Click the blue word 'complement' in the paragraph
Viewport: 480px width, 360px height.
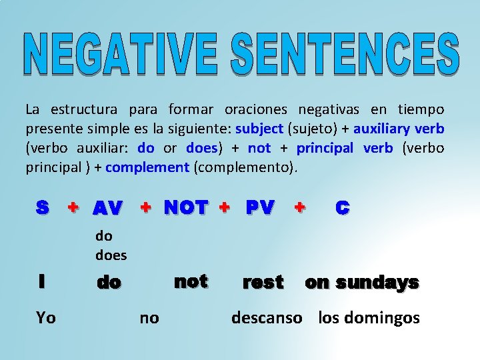click(147, 167)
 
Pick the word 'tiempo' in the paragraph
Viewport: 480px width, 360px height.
click(421, 109)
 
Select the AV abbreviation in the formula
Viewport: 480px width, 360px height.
click(107, 209)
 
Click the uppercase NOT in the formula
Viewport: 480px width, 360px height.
click(186, 208)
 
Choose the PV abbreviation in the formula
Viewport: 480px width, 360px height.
click(259, 208)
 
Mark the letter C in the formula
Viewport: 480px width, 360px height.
click(342, 208)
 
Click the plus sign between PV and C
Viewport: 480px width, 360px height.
click(301, 208)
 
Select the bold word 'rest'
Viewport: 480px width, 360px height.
click(263, 283)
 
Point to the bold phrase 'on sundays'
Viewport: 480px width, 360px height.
click(362, 283)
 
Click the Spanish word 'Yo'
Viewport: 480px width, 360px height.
click(46, 318)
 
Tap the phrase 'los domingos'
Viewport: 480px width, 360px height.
click(369, 318)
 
